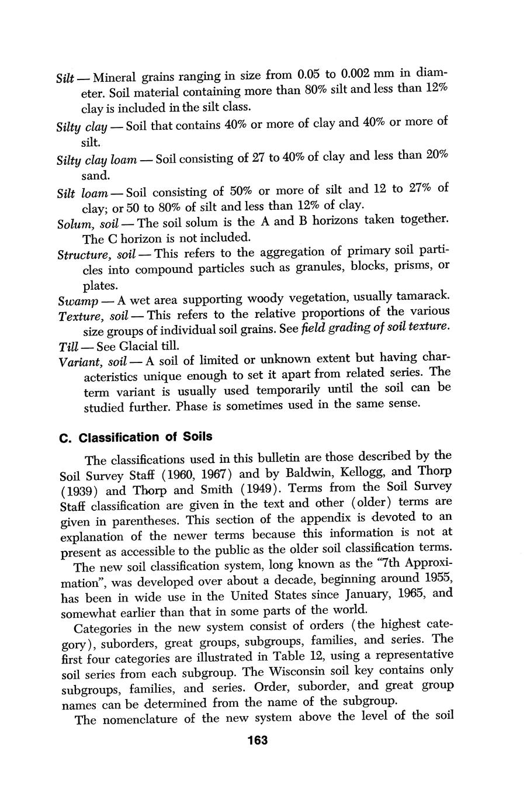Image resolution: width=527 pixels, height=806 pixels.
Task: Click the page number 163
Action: (x=257, y=740)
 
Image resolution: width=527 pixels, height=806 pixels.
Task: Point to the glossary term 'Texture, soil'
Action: (x=93, y=316)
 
